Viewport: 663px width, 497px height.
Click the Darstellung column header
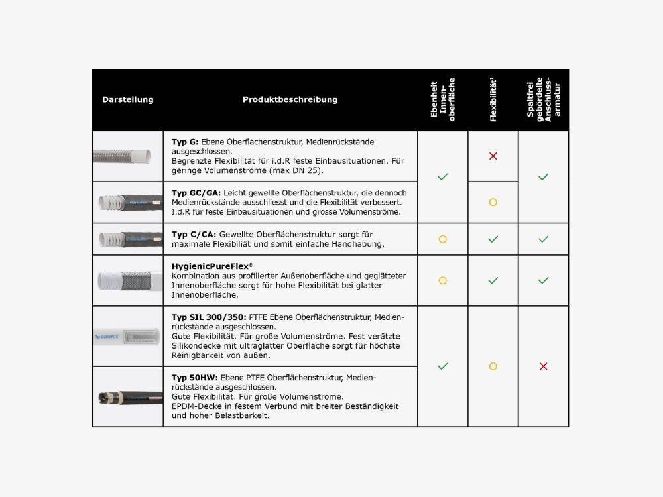(127, 99)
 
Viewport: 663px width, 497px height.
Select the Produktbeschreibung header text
(290, 99)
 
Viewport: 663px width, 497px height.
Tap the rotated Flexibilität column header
(493, 100)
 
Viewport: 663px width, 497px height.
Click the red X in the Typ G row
(493, 156)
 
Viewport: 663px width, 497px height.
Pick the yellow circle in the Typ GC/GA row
(493, 202)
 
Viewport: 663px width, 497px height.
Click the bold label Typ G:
(185, 142)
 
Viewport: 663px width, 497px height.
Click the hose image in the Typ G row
(127, 156)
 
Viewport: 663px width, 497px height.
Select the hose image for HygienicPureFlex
(127, 280)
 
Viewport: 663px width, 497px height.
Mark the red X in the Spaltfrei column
(543, 366)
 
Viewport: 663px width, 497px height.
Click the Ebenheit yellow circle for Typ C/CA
(442, 239)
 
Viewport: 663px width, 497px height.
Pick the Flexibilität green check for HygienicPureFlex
(493, 280)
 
